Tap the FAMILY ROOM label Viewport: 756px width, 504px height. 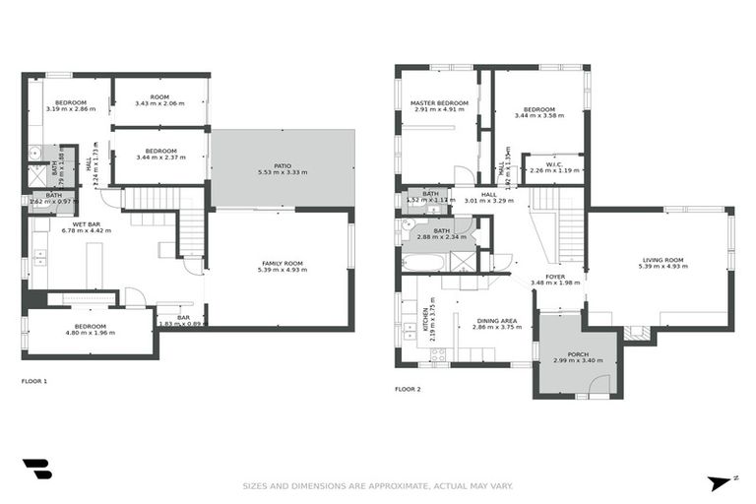pos(282,263)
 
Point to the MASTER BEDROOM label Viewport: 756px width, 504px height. pos(438,103)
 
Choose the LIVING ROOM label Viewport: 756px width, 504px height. pos(661,260)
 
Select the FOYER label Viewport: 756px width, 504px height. pos(555,277)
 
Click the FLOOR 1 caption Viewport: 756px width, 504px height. pos(34,381)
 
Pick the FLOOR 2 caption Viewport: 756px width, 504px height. pos(408,390)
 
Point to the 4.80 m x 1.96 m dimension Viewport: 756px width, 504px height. pos(90,333)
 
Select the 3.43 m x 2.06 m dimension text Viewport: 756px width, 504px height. pos(159,103)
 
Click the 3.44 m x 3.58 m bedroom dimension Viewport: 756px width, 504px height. pos(539,116)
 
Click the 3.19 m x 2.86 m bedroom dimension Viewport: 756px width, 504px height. pos(71,109)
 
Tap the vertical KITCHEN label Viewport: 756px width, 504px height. pos(425,321)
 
